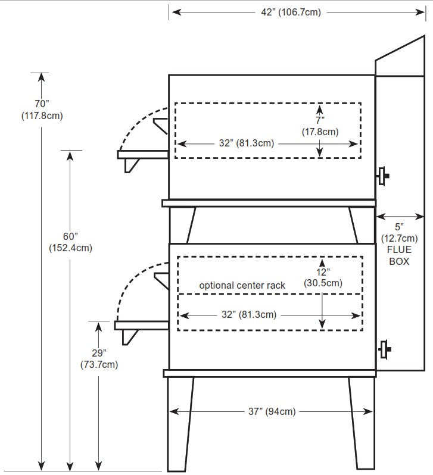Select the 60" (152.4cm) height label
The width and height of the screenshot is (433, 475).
70,242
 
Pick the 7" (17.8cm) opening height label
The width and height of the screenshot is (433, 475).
320,126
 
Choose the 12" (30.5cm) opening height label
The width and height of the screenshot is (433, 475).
322,277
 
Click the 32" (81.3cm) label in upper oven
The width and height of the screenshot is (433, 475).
246,143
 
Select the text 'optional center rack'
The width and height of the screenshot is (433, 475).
242,286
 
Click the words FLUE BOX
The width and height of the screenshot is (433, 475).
399,255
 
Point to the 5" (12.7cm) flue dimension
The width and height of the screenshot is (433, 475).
399,233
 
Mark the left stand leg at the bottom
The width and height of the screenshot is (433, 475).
180,423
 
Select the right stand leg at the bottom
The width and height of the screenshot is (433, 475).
362,423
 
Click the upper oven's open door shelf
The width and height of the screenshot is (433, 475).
143,154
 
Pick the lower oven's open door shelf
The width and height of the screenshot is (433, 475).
142,326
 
